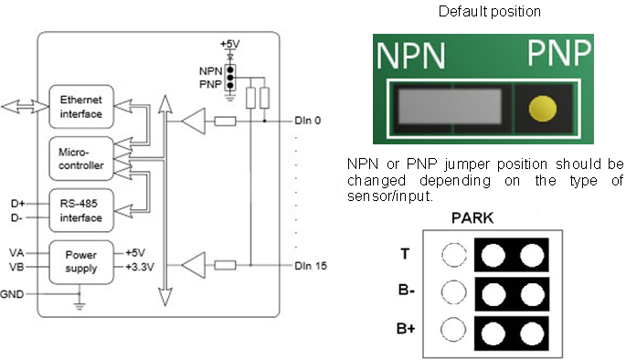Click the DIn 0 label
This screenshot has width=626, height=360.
(x=308, y=120)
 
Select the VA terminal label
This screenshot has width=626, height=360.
(x=16, y=253)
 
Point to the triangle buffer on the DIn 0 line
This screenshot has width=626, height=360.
(x=193, y=120)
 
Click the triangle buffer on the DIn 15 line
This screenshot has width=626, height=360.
(x=193, y=266)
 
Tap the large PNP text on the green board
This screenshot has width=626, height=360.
(x=559, y=55)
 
